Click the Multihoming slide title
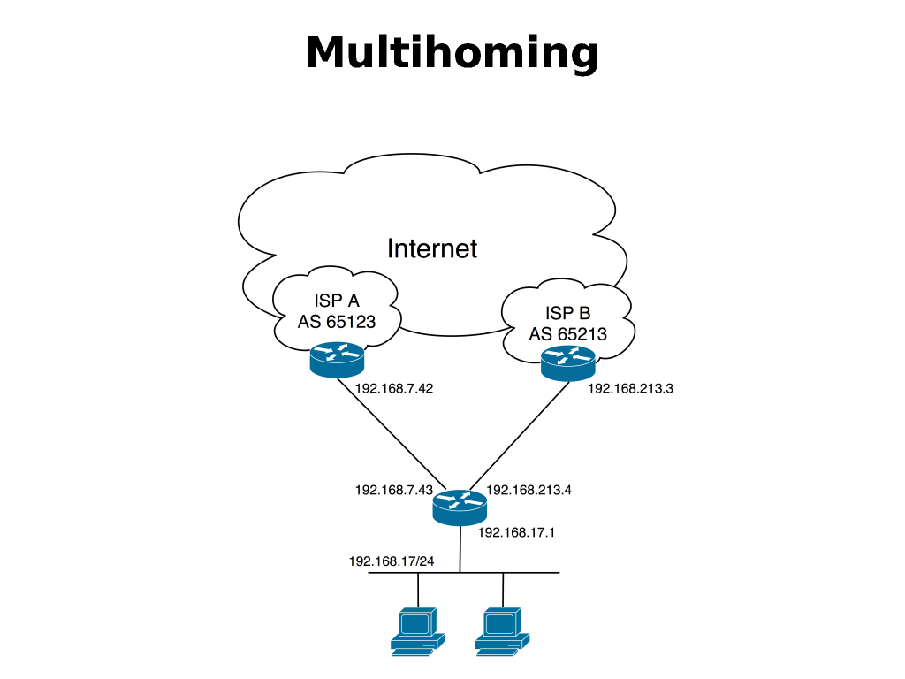pos(452,53)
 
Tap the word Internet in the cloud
pos(432,248)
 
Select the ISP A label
pos(337,301)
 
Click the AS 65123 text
pos(337,322)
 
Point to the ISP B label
pos(566,314)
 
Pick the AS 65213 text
pos(566,333)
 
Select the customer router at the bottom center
pos(460,506)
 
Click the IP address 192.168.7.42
pos(394,387)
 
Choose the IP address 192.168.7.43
pos(394,489)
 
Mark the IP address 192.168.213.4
pos(529,489)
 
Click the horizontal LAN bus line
pos(530,572)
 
